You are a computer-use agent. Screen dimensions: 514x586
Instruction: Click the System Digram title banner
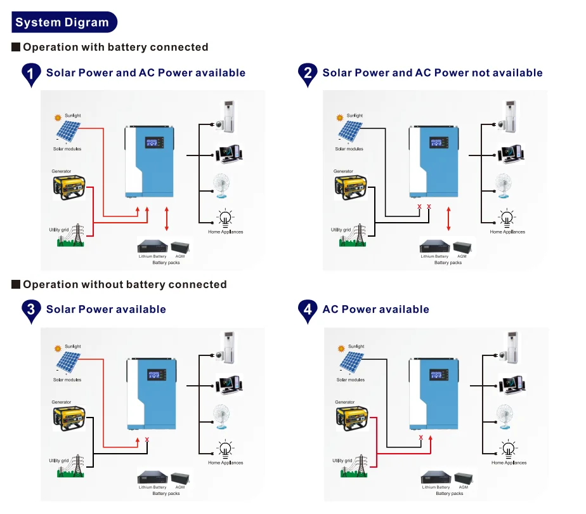pyautogui.click(x=62, y=22)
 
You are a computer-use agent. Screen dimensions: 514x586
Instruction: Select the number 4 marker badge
pyautogui.click(x=308, y=310)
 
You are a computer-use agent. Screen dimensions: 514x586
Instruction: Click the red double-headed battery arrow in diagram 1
pyautogui.click(x=167, y=218)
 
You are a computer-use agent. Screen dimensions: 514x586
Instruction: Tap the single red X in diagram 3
pyautogui.click(x=147, y=439)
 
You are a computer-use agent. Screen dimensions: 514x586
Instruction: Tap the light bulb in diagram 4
pyautogui.click(x=508, y=449)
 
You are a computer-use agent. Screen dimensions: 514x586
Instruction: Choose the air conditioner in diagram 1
pyautogui.click(x=226, y=115)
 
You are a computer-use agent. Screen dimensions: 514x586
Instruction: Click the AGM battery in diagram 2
pyautogui.click(x=462, y=246)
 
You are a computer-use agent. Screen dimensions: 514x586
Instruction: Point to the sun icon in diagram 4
pyautogui.click(x=342, y=348)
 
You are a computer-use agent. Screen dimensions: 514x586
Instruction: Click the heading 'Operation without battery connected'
pyautogui.click(x=124, y=284)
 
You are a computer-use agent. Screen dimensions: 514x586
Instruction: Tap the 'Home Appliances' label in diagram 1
pyautogui.click(x=226, y=232)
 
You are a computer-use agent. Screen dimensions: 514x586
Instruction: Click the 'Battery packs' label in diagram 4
pyautogui.click(x=450, y=493)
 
